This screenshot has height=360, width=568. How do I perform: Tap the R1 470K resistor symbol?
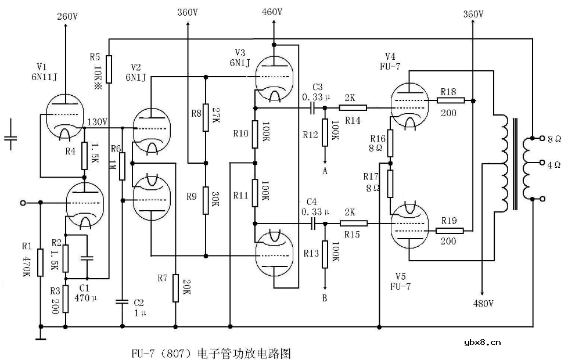(41, 262)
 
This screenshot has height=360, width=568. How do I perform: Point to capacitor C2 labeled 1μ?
(122, 301)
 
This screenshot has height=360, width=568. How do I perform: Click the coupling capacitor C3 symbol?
(314, 107)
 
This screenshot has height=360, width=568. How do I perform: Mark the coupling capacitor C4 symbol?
(314, 222)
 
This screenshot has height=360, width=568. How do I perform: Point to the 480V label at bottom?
(483, 304)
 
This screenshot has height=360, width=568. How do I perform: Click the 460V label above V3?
(272, 12)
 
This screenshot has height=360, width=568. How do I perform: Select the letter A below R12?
(325, 171)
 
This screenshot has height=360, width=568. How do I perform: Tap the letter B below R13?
(325, 298)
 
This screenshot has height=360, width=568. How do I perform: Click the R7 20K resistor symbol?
(175, 289)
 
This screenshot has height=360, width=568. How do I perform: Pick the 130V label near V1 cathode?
(97, 122)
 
